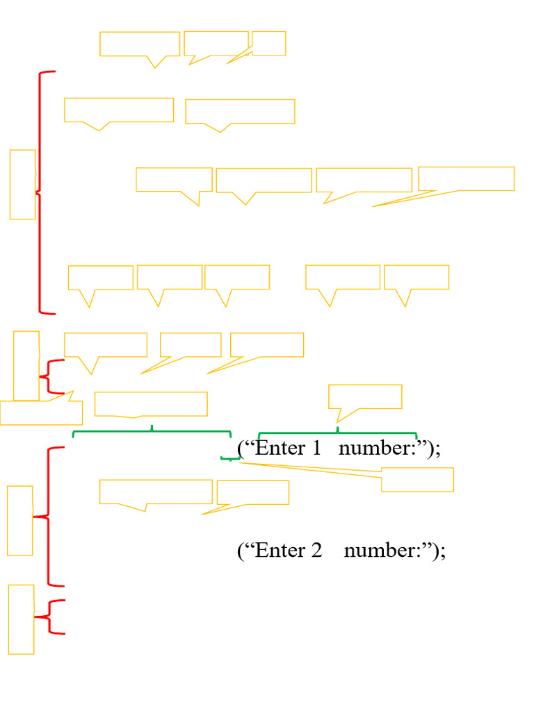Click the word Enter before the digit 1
[281, 449]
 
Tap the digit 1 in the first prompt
[316, 449]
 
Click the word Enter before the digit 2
[281, 551]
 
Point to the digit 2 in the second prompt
[316, 551]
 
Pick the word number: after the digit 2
[383, 551]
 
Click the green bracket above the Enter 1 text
[338, 433]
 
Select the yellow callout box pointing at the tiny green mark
[417, 479]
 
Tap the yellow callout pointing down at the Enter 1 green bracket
[365, 396]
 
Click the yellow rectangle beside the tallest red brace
[22, 184]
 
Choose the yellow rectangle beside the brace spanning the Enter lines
[19, 520]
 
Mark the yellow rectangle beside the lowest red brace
[21, 619]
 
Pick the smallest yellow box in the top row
[269, 43]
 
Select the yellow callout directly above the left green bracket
[151, 403]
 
